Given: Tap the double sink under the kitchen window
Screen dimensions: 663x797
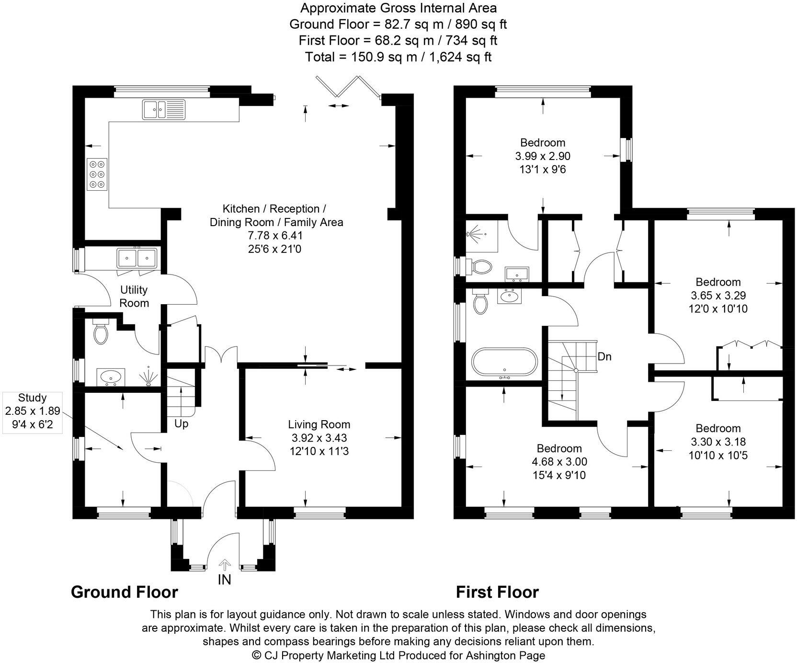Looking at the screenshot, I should [x=163, y=109].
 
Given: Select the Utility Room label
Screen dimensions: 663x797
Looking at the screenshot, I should [x=134, y=297].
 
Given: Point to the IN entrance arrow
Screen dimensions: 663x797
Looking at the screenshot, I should [x=225, y=565].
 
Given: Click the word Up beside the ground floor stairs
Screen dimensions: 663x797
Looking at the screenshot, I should [x=181, y=424].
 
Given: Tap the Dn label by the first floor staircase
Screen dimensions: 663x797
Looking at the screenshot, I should [x=604, y=357].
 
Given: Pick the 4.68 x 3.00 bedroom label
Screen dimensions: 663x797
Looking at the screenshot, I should [x=559, y=462].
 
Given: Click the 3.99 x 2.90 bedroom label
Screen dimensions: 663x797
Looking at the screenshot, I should [x=543, y=156].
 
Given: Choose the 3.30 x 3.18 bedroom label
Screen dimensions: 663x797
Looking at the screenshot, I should [x=718, y=442].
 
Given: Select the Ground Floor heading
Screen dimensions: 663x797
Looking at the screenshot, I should [x=125, y=592].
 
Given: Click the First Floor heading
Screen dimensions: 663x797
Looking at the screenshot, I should [x=497, y=592].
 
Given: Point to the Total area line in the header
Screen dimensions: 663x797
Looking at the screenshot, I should [x=398, y=57].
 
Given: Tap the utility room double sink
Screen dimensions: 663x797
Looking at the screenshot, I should [x=137, y=258].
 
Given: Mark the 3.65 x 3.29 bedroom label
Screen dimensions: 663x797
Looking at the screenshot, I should [x=718, y=295].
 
